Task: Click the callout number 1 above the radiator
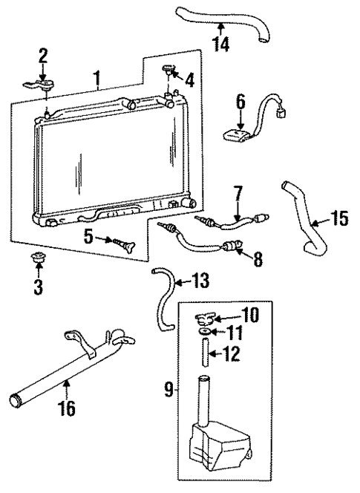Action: (x=96, y=76)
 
